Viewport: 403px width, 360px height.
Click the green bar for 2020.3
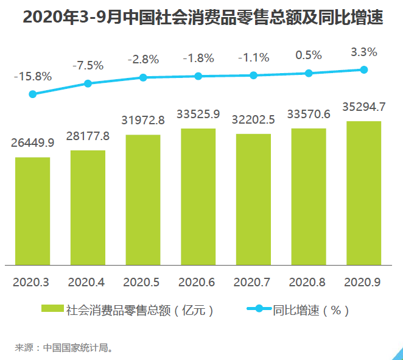33,211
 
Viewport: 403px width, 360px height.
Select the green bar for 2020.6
198,197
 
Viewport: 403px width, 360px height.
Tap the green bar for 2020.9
363,193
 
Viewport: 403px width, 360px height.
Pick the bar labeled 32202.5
253,199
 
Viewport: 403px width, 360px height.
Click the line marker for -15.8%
33,94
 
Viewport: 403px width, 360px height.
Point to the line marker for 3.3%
364,69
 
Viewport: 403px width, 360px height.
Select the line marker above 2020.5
143,77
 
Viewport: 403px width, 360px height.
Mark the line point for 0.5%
309,73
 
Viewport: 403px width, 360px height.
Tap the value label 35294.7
363,107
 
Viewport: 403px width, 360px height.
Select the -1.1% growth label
253,58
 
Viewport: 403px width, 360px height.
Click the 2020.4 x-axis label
88,283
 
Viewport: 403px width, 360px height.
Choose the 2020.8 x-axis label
309,283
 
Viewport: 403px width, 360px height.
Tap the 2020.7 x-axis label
253,283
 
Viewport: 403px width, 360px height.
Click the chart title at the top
201,18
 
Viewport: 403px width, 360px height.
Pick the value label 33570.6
309,114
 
